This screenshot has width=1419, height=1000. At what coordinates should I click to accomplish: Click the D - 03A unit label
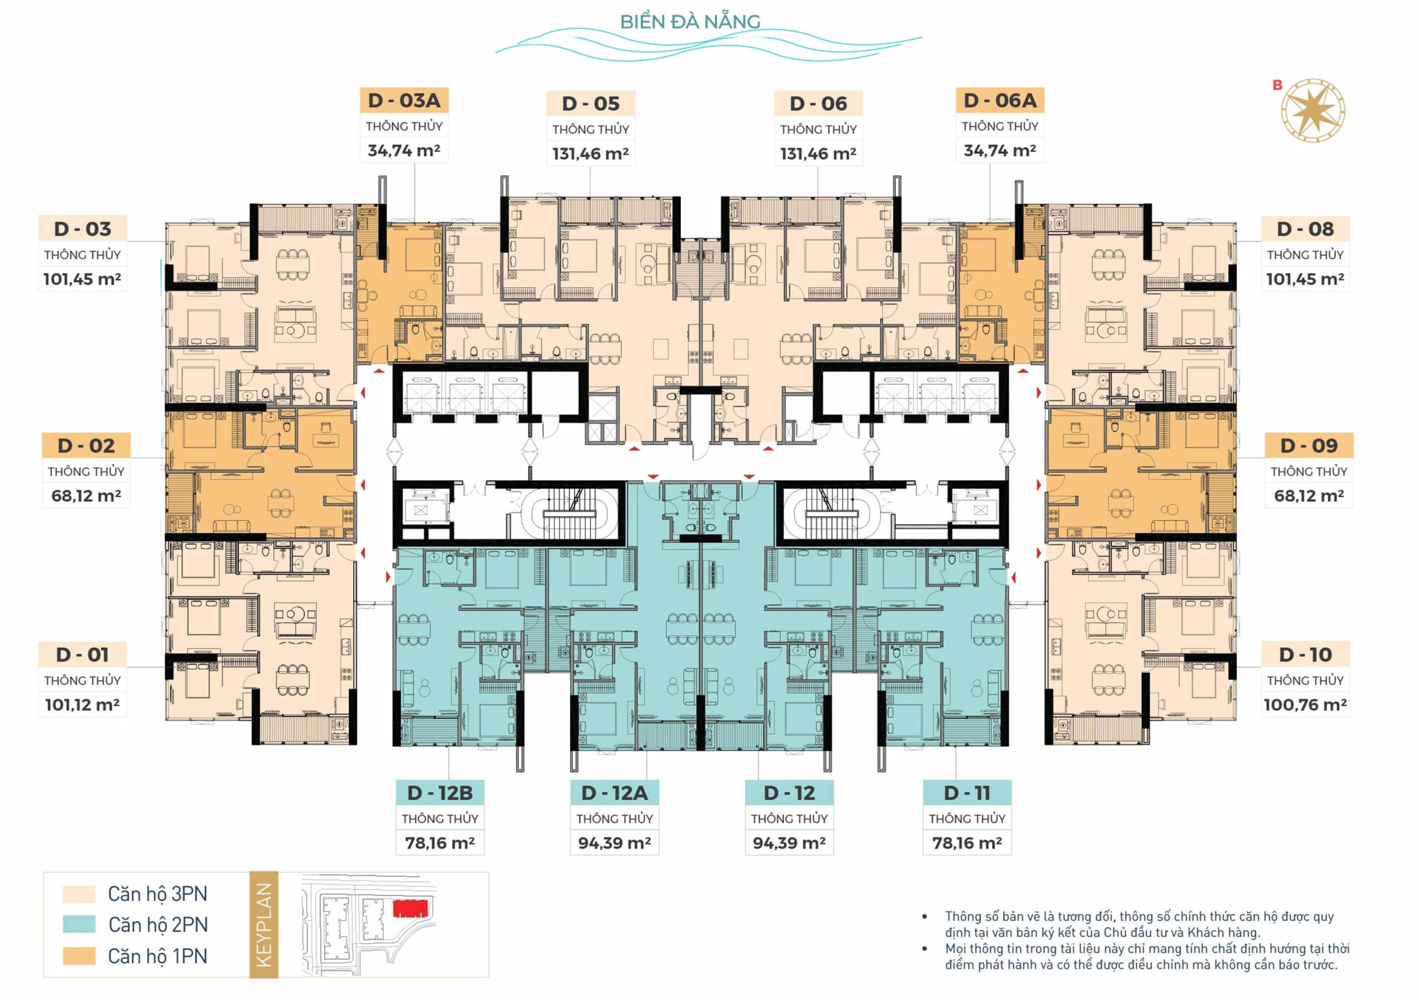404,100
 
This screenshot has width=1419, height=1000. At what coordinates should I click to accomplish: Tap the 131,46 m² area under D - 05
590,153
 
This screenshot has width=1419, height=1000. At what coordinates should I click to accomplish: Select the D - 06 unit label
818,103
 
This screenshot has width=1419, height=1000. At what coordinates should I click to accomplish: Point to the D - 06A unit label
1000,100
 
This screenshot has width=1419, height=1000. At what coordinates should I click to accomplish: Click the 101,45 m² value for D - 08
1305,279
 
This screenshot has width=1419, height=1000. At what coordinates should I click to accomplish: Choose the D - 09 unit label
1309,445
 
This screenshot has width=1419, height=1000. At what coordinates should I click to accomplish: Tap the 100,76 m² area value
1305,705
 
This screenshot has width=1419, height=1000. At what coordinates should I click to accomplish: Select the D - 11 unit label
967,792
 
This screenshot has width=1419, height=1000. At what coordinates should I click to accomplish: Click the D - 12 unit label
789,792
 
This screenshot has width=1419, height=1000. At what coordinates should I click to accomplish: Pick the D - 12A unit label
614,792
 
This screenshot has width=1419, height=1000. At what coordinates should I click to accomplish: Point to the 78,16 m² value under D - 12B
440,843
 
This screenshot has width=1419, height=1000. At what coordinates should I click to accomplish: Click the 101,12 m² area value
82,705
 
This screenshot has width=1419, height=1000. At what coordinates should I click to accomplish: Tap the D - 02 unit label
86,445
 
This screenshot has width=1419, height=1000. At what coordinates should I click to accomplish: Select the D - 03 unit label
82,229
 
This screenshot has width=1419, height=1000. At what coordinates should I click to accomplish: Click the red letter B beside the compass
1278,85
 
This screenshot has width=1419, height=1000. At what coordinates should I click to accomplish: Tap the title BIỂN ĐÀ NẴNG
690,22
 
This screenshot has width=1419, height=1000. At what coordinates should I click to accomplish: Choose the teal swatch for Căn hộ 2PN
79,924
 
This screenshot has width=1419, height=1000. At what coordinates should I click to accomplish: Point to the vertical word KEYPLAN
264,925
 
